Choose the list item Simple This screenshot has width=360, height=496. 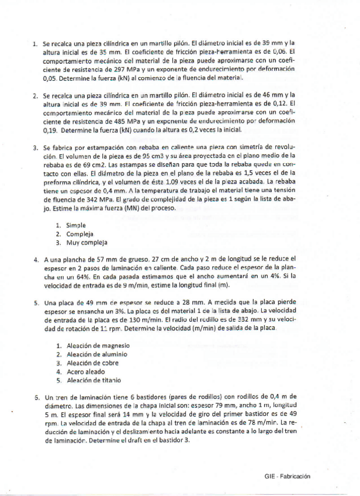point(76,225)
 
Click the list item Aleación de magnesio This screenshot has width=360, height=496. point(98,345)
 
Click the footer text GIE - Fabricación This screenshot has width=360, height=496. point(287,477)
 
